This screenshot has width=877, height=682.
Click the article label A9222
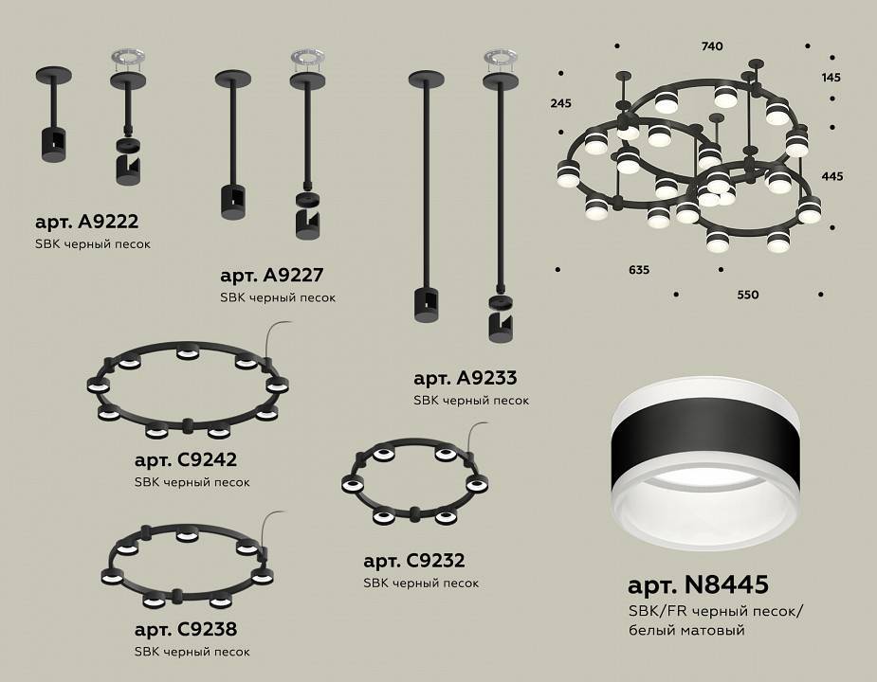click(86, 223)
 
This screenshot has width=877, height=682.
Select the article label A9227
click(272, 276)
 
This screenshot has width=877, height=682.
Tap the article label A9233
click(465, 378)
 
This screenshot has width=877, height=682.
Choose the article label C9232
click(413, 561)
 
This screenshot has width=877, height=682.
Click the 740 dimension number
click(712, 45)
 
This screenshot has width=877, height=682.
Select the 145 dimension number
click(831, 77)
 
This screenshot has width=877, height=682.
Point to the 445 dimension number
click(831, 176)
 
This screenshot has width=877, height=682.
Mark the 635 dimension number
click(639, 270)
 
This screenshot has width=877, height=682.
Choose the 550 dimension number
click(748, 295)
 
